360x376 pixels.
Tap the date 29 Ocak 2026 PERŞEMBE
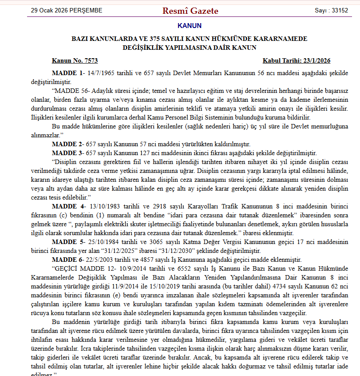tap(67, 10)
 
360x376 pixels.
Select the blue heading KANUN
tap(189, 26)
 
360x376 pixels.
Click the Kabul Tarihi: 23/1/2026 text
tap(297, 61)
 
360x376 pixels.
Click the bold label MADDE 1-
tap(67, 73)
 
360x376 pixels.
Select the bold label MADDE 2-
tap(67, 144)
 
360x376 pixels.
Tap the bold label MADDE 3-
tap(67, 152)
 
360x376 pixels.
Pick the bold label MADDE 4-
tap(67, 207)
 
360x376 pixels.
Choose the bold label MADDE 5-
tap(67, 242)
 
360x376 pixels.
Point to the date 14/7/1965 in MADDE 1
tap(101, 73)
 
